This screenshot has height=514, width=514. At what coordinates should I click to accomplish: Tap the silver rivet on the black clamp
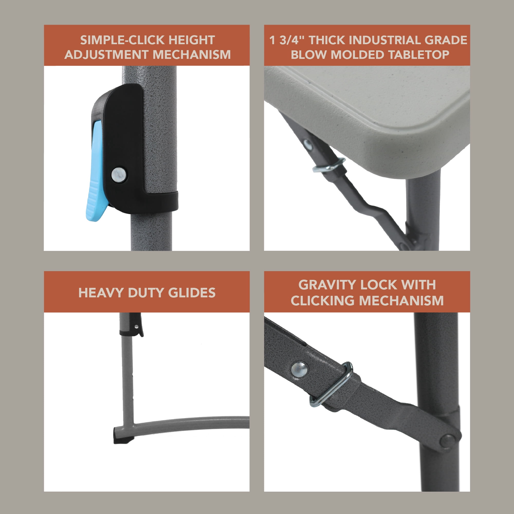coord(119,175)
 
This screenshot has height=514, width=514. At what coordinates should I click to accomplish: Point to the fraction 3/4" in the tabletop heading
coord(292,40)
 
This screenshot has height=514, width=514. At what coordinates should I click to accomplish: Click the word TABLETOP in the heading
coord(418,54)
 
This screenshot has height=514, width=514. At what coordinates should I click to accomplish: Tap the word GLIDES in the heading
coord(192,293)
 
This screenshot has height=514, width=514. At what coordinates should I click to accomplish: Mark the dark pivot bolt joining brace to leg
coord(448,439)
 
